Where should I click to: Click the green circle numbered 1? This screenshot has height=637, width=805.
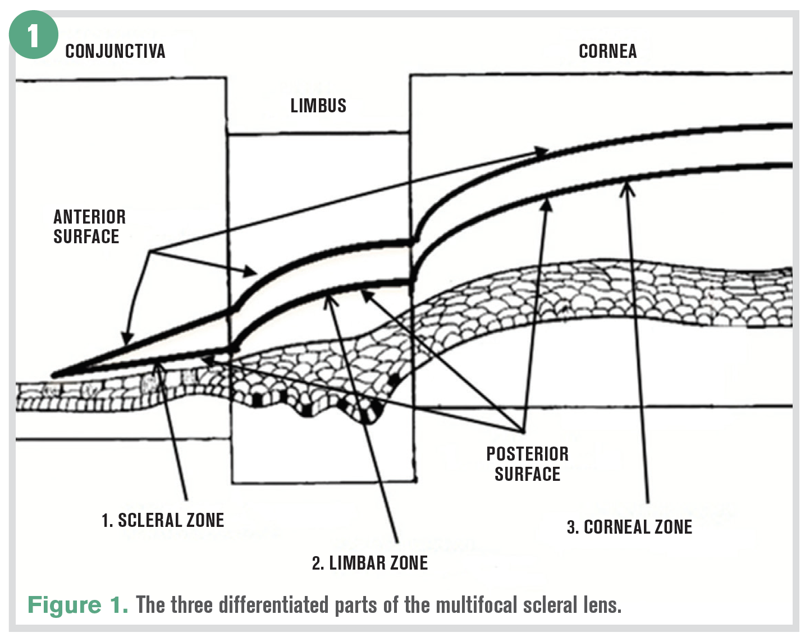(x=33, y=35)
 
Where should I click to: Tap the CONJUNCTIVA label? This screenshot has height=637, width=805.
(x=115, y=52)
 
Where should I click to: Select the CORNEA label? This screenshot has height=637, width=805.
(x=607, y=52)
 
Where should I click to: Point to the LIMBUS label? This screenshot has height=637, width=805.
(x=318, y=106)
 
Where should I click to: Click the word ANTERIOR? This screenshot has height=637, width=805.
(x=89, y=217)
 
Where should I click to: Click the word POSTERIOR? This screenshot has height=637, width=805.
(x=527, y=454)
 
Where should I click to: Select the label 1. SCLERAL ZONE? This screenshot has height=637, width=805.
(x=163, y=520)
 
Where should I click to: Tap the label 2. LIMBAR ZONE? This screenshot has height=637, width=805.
(x=369, y=563)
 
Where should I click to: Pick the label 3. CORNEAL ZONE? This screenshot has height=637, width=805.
(x=629, y=527)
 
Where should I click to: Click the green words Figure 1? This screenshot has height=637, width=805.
(x=77, y=605)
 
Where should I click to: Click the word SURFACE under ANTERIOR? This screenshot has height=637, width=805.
(x=86, y=237)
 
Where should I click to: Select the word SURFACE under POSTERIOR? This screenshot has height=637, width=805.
(x=527, y=474)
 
